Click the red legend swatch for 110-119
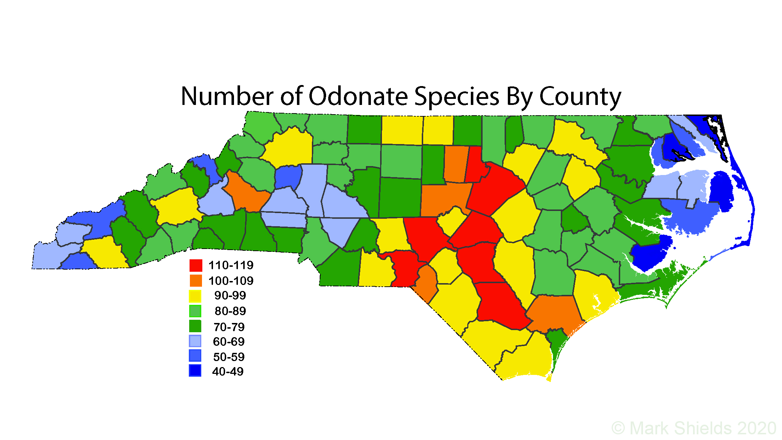coord(196,265)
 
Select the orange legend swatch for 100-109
coord(196,281)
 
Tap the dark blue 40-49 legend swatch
coord(195,371)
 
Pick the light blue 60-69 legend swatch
coord(195,341)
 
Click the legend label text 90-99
coord(230,296)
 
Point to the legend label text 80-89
coord(230,311)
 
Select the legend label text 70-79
coord(229,327)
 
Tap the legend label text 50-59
coord(229,357)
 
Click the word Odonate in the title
coord(358,96)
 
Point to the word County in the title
coord(580,97)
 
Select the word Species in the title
coord(457,97)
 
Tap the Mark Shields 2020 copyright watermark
coord(693,428)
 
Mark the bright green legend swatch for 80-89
coord(195,311)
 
